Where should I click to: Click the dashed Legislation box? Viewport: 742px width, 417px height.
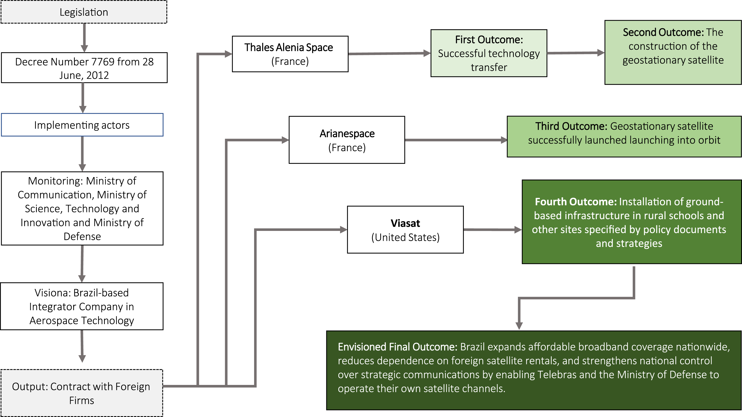pyautogui.click(x=84, y=12)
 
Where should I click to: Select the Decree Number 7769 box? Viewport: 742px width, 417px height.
pyautogui.click(x=84, y=68)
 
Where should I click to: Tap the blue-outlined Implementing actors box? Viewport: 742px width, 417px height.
pyautogui.click(x=82, y=125)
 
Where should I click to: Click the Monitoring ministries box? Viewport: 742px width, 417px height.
pyautogui.click(x=82, y=208)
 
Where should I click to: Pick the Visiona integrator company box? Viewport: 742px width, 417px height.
pyautogui.click(x=82, y=306)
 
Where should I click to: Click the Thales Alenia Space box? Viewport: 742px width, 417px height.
pyautogui.click(x=290, y=54)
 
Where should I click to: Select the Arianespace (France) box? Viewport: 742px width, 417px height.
pyautogui.click(x=347, y=140)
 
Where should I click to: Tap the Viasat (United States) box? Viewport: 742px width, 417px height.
pyautogui.click(x=405, y=230)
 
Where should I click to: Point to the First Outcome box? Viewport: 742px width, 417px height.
pyautogui.click(x=489, y=53)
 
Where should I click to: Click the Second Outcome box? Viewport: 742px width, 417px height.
pyautogui.click(x=673, y=52)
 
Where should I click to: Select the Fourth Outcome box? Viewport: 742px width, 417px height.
pyautogui.click(x=632, y=222)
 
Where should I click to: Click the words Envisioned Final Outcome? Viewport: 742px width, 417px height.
pyautogui.click(x=398, y=347)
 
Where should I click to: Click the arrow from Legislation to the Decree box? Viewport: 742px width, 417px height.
pyautogui.click(x=84, y=38)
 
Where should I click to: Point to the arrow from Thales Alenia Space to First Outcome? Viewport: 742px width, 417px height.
pyautogui.click(x=390, y=53)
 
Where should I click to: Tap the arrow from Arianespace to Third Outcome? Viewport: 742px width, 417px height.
pyautogui.click(x=456, y=140)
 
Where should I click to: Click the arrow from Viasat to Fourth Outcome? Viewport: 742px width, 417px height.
pyautogui.click(x=493, y=230)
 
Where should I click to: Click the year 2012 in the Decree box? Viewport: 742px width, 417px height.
pyautogui.click(x=97, y=75)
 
